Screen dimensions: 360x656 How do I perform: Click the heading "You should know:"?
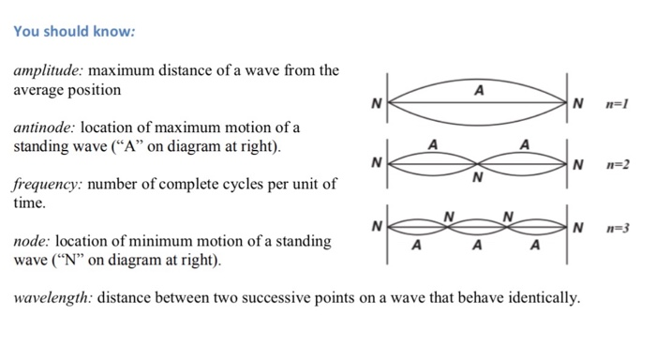(x=75, y=31)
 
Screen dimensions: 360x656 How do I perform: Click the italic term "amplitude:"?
(x=48, y=72)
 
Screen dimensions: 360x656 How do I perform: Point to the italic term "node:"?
(x=31, y=241)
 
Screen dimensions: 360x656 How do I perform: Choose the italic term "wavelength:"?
(x=52, y=298)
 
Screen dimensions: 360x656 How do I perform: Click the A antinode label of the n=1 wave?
(x=479, y=91)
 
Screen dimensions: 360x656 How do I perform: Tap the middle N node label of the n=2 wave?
(x=479, y=177)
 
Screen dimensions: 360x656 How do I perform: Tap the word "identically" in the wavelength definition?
(x=538, y=298)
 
